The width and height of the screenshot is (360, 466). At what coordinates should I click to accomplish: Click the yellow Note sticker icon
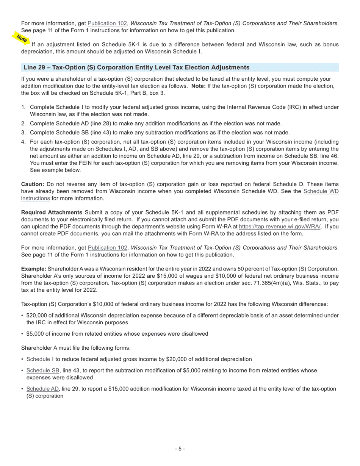point(22,38)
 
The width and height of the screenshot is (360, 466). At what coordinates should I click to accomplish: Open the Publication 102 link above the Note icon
point(107,23)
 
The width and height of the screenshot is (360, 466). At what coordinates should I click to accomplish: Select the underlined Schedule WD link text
point(321,191)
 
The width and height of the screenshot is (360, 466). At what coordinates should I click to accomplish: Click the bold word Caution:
point(33,184)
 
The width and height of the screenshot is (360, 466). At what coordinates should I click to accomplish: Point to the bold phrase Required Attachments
point(52,212)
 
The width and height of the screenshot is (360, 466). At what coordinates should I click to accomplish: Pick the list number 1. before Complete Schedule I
point(23,107)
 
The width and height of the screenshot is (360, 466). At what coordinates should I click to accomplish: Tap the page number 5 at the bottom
point(180,449)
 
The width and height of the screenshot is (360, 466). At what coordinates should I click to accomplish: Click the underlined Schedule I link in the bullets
point(40,359)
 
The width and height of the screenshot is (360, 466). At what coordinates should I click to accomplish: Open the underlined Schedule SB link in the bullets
point(43,371)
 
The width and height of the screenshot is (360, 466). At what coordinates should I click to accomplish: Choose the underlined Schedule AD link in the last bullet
point(43,389)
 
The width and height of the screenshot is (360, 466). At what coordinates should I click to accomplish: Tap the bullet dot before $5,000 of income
point(22,334)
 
